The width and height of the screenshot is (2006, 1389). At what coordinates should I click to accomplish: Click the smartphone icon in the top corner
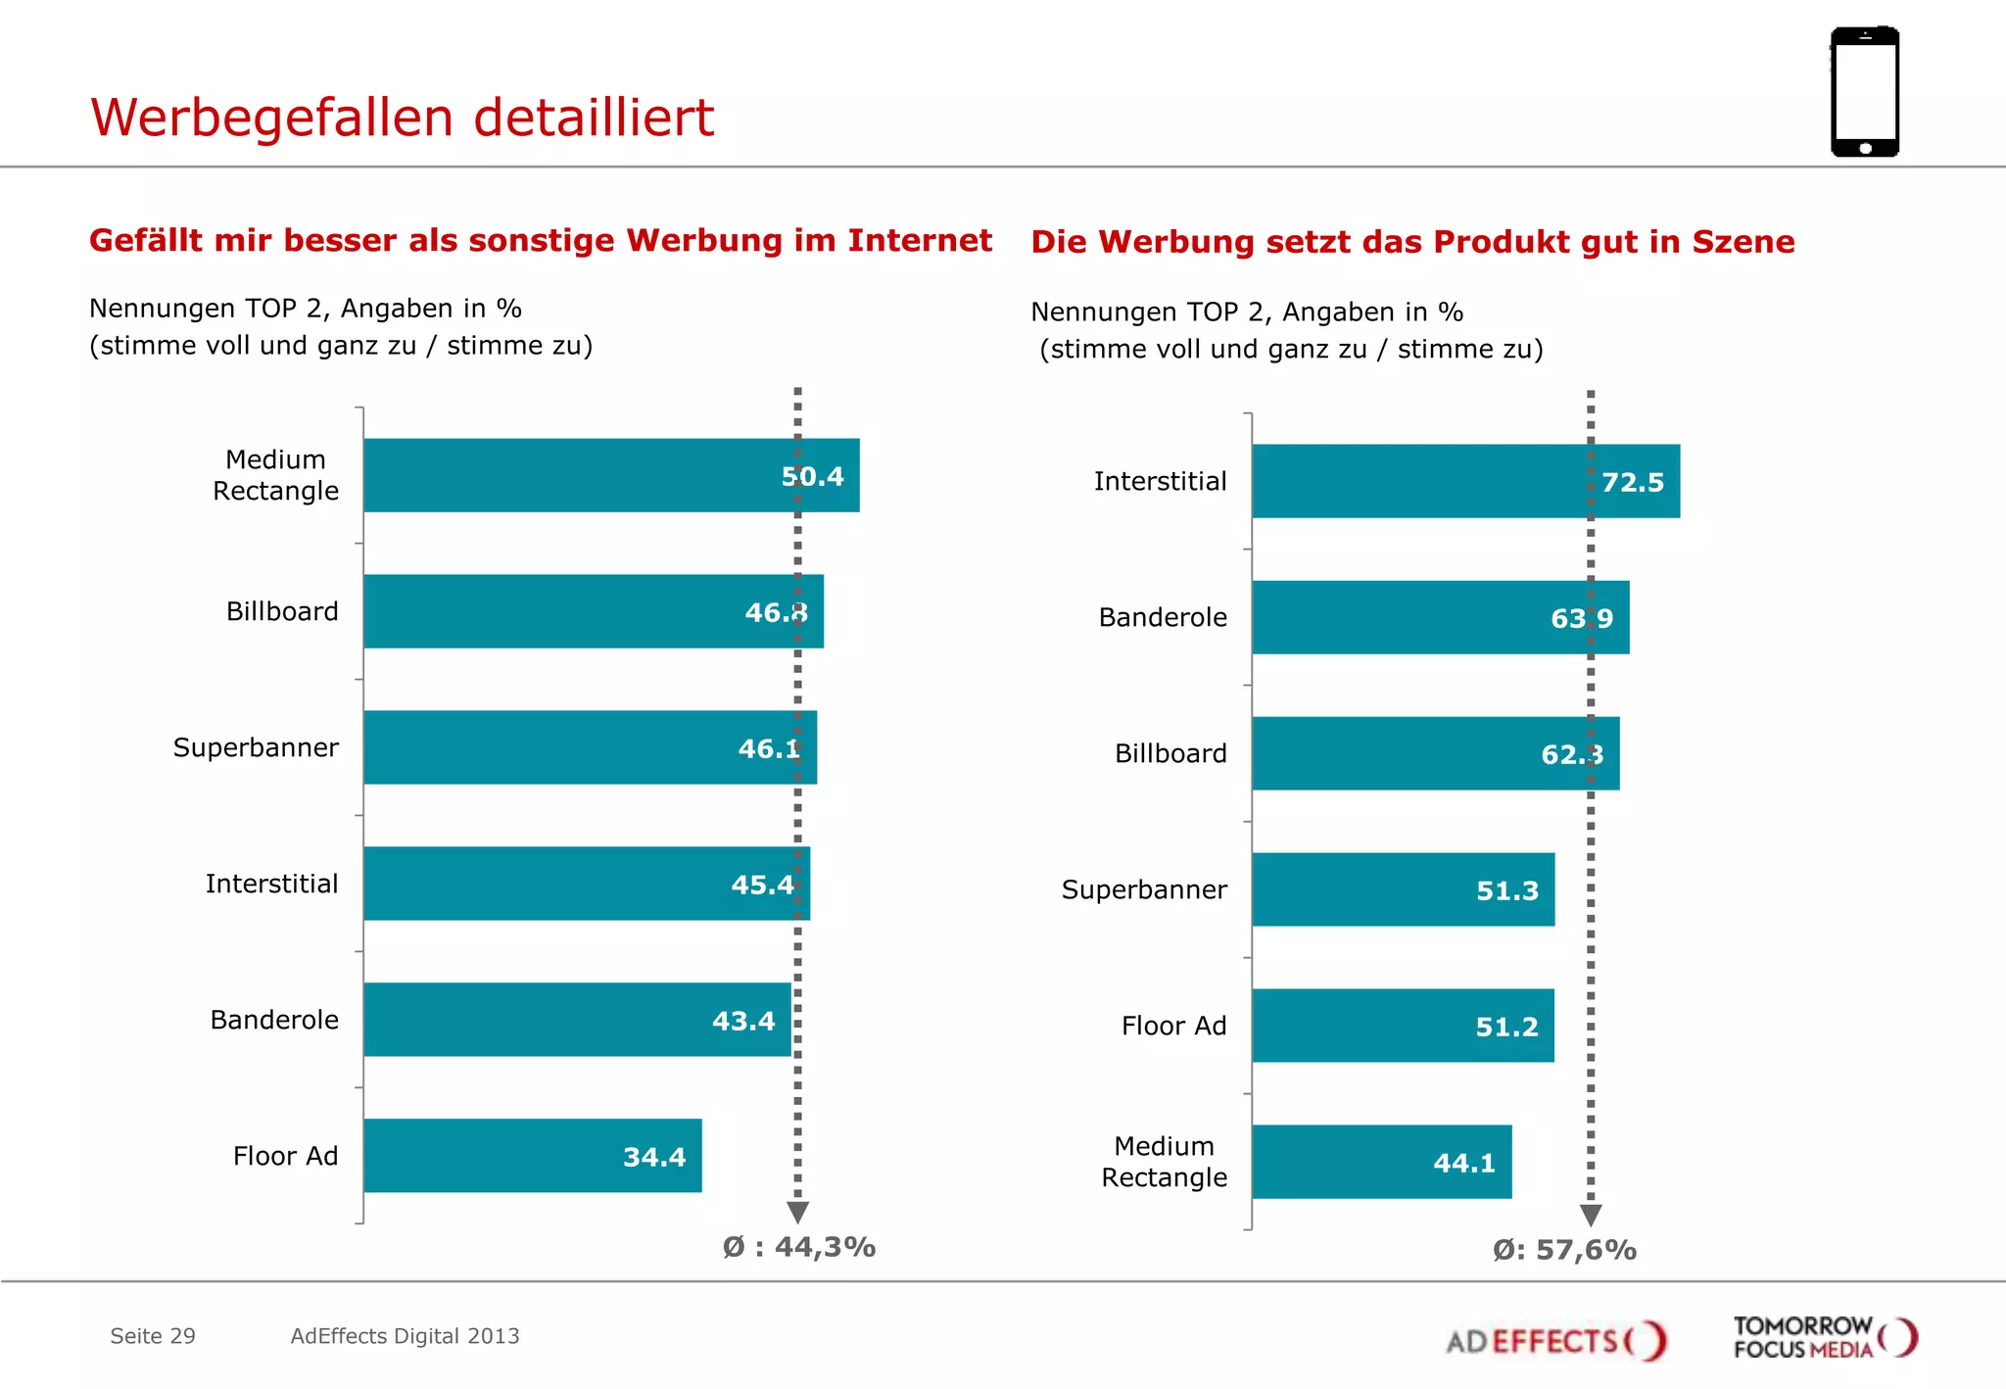1865,92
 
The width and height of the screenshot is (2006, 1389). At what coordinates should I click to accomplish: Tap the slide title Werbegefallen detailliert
402,118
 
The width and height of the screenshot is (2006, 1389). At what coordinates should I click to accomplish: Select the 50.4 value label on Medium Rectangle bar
812,477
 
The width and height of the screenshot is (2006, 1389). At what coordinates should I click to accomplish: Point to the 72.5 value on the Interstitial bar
1633,482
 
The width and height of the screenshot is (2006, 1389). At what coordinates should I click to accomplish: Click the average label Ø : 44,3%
799,1247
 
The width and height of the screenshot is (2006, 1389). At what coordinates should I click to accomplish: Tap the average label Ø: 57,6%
1564,1250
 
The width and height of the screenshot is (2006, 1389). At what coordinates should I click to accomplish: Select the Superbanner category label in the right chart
1144,889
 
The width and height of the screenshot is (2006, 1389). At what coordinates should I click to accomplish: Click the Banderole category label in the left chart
274,1020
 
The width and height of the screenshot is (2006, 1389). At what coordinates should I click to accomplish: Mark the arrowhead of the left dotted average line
798,1213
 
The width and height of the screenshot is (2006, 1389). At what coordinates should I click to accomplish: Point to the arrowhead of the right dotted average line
1591,1216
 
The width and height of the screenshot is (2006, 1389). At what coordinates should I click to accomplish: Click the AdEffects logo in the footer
1556,1340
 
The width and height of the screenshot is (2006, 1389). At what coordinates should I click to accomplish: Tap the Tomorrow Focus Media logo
1824,1337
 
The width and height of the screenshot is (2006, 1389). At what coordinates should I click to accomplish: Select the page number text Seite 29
153,1336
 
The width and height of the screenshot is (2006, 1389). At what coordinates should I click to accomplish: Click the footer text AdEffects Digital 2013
405,1336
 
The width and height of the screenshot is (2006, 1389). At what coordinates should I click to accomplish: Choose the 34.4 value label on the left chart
654,1157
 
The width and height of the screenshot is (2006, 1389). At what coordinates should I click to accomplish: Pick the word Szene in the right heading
1743,242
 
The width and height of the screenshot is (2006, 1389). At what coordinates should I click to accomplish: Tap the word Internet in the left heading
920,240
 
